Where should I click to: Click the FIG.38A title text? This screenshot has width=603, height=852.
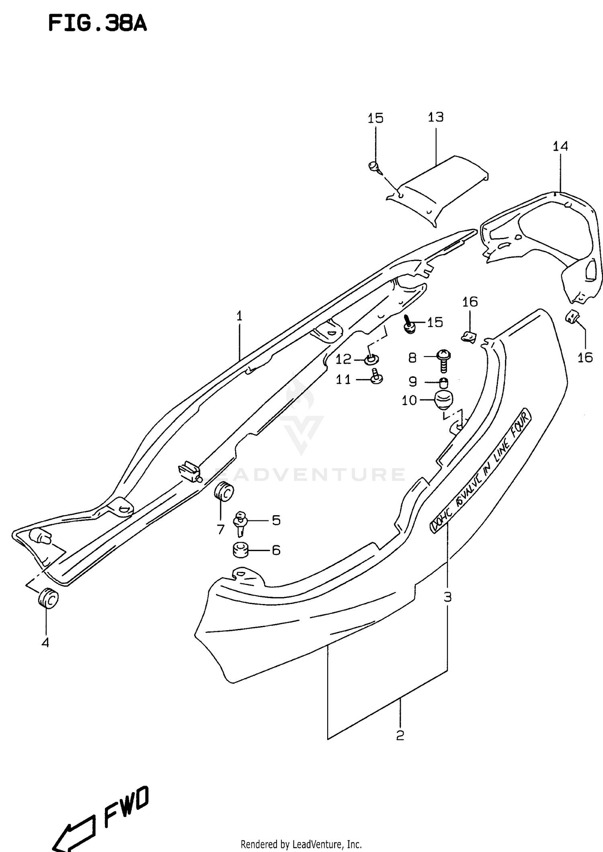[97, 24]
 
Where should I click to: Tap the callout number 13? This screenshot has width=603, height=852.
[435, 117]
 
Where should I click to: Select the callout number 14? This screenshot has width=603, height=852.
[560, 146]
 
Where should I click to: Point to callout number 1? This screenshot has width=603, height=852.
[239, 316]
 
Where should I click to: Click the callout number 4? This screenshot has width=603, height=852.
[45, 643]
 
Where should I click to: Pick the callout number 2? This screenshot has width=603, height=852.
[400, 735]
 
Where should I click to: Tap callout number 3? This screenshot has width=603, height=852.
[447, 597]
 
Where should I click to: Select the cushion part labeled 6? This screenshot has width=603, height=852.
[241, 550]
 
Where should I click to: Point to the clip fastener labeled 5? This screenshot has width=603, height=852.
[241, 522]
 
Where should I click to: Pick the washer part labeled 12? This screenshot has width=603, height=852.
[372, 359]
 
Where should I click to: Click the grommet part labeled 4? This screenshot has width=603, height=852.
[48, 599]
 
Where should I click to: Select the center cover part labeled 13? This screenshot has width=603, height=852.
[438, 187]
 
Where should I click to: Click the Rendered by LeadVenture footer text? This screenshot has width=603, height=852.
[301, 844]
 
